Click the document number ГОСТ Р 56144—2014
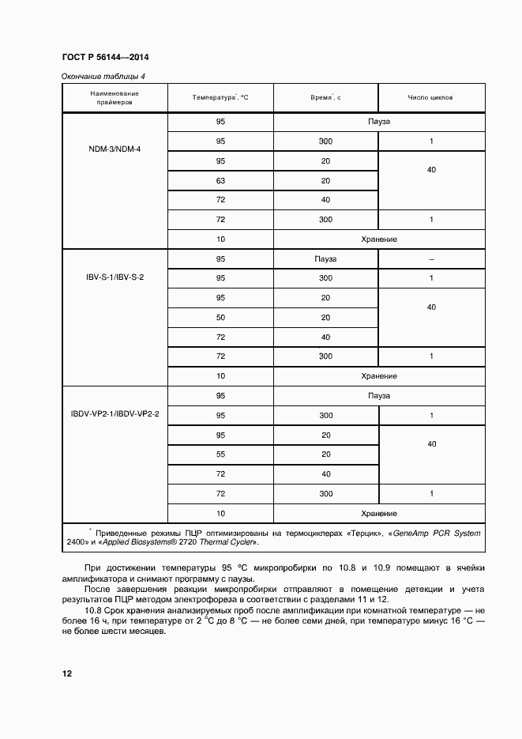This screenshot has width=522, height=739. tap(105, 58)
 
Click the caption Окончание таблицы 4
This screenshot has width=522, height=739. tap(103, 76)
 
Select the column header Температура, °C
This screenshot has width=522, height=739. tap(220, 97)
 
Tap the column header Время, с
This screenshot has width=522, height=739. tap(325, 97)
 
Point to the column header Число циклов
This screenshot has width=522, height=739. tap(430, 97)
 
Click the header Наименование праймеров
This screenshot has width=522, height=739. tap(115, 98)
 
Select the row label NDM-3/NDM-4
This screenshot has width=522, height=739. tap(115, 149)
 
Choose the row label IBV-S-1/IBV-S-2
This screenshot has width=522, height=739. tap(115, 278)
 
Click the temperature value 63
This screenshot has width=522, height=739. tap(220, 180)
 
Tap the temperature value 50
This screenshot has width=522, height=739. tap(220, 317)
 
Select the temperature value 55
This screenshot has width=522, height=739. tap(220, 454)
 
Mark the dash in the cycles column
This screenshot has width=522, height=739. tap(430, 259)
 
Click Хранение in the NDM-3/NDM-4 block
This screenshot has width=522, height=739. tap(378, 239)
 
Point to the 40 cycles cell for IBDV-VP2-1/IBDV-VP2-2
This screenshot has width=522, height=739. tap(431, 444)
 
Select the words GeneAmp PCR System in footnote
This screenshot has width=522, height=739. tap(439, 533)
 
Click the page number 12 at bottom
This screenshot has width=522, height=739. tap(67, 673)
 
